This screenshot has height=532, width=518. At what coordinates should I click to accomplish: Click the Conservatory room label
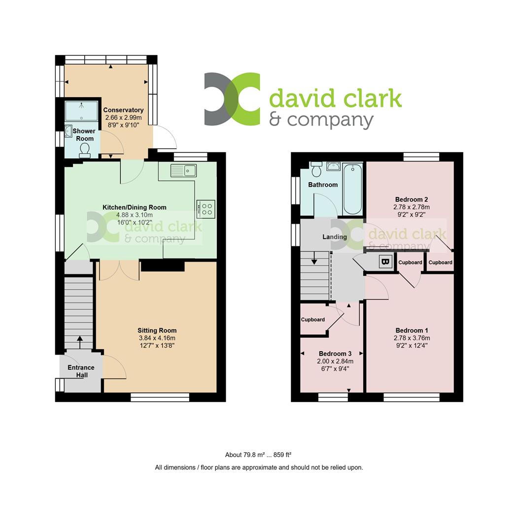coord(123,110)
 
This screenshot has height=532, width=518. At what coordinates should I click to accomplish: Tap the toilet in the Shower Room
coord(84,150)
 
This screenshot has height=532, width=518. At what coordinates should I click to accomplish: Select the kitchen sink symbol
coord(183,170)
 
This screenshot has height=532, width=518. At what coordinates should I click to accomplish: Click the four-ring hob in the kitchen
coord(206,209)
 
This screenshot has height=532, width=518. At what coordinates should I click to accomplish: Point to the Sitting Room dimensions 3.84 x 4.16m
coord(157,338)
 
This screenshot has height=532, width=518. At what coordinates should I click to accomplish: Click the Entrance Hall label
coord(81,371)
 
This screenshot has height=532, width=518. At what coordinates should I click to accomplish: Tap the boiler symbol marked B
coord(385,262)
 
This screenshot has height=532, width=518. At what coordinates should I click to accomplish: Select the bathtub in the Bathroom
coord(353,189)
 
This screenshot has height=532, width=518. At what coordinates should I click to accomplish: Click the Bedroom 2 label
coord(412,199)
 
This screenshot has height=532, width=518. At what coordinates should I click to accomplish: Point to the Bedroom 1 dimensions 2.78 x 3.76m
coord(412,338)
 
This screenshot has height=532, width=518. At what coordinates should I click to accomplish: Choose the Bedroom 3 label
coord(335,354)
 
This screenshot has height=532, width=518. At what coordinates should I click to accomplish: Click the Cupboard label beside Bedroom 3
coord(312,320)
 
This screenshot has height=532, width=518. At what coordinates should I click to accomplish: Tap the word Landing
coord(335,237)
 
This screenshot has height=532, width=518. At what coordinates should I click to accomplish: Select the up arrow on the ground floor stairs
coord(80,342)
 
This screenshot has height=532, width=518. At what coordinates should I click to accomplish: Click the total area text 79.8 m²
coord(254,455)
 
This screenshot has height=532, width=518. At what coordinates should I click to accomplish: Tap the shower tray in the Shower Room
coord(81,111)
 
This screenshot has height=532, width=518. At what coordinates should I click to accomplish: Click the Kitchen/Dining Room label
coord(135,207)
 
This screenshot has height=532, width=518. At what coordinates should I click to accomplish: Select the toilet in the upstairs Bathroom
coord(317,168)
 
